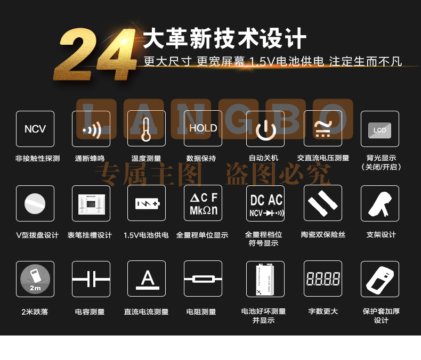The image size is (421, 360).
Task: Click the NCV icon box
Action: tap(35, 129)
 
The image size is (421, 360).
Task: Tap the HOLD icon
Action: tap(203, 128)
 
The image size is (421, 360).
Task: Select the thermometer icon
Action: tap(147, 128)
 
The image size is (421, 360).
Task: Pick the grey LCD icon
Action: tap(379, 130)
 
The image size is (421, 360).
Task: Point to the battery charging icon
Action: tap(147, 203)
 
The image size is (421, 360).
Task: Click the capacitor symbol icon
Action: tap(91, 279)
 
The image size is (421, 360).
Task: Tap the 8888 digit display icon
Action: tap(323, 279)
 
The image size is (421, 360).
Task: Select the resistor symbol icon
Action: tap(203, 279)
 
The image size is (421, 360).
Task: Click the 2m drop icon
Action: tap(35, 279)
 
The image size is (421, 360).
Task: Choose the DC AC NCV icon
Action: tap(265, 203)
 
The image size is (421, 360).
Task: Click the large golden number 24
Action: tap(95, 54)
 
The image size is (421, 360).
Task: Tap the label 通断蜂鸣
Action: tap(90, 158)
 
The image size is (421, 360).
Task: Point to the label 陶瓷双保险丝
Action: tap(323, 235)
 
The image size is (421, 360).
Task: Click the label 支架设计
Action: tap(381, 235)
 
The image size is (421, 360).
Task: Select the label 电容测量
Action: tap(90, 312)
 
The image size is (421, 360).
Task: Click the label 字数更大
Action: tap(323, 311)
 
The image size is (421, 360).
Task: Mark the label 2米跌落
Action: tap(35, 312)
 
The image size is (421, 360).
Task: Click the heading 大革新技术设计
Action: tap(224, 38)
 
